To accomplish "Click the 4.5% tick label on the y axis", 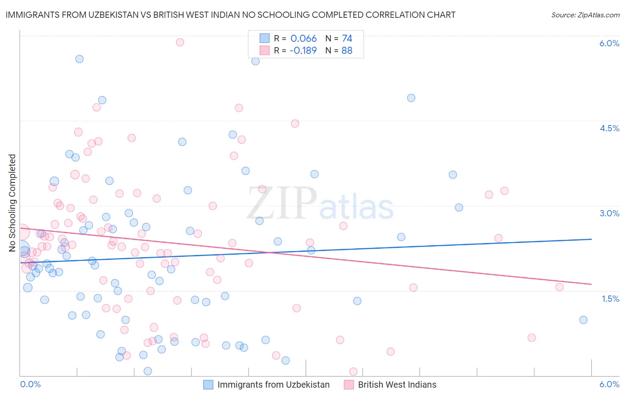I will [x=609, y=128].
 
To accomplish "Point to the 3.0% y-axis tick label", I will [x=609, y=213].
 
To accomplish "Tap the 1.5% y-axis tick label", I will [x=610, y=299].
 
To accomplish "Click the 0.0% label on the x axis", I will [x=30, y=384].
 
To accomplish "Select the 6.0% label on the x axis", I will [x=609, y=384].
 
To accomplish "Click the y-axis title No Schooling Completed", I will [x=12, y=203].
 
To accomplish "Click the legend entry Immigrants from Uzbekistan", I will [x=273, y=385].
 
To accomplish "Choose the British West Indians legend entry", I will [x=397, y=385].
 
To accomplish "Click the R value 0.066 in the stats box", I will [x=304, y=39].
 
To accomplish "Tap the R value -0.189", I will [x=303, y=51].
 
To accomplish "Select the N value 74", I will [x=347, y=39].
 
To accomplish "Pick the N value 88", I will [x=347, y=51].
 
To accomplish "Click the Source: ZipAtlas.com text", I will [x=585, y=15].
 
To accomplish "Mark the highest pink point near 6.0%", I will [x=180, y=42].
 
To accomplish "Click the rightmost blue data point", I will [x=583, y=320].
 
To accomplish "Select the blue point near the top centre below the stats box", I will [x=256, y=61].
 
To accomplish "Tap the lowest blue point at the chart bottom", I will [x=148, y=371].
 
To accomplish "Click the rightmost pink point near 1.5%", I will [x=560, y=287].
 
